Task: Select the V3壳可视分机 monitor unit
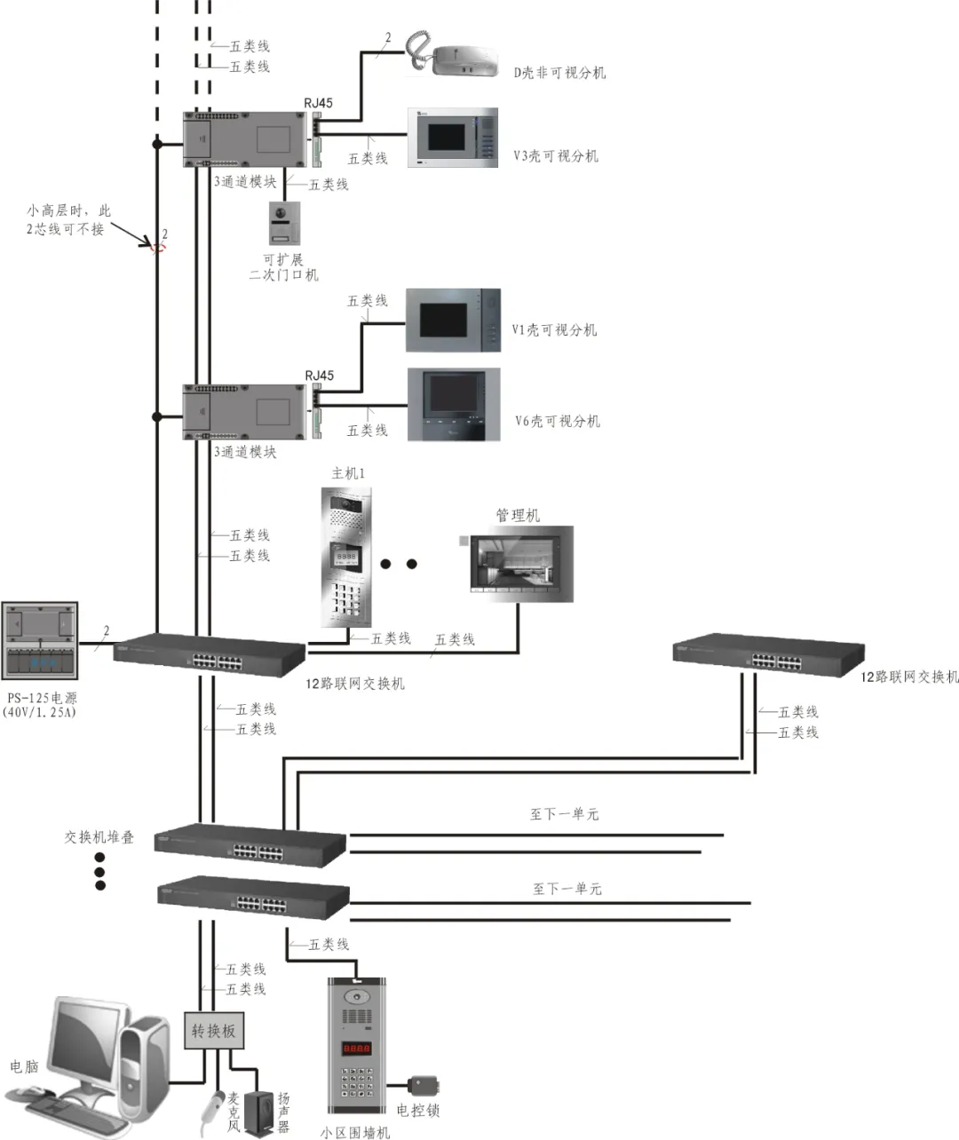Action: tap(452, 138)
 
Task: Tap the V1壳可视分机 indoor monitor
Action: tap(453, 321)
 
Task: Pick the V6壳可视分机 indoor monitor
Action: tap(453, 405)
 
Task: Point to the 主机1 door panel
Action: tap(346, 557)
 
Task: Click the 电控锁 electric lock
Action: tap(421, 1086)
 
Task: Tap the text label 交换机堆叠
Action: tap(99, 836)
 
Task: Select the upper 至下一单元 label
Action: tap(564, 813)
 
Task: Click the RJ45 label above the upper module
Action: tap(318, 103)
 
